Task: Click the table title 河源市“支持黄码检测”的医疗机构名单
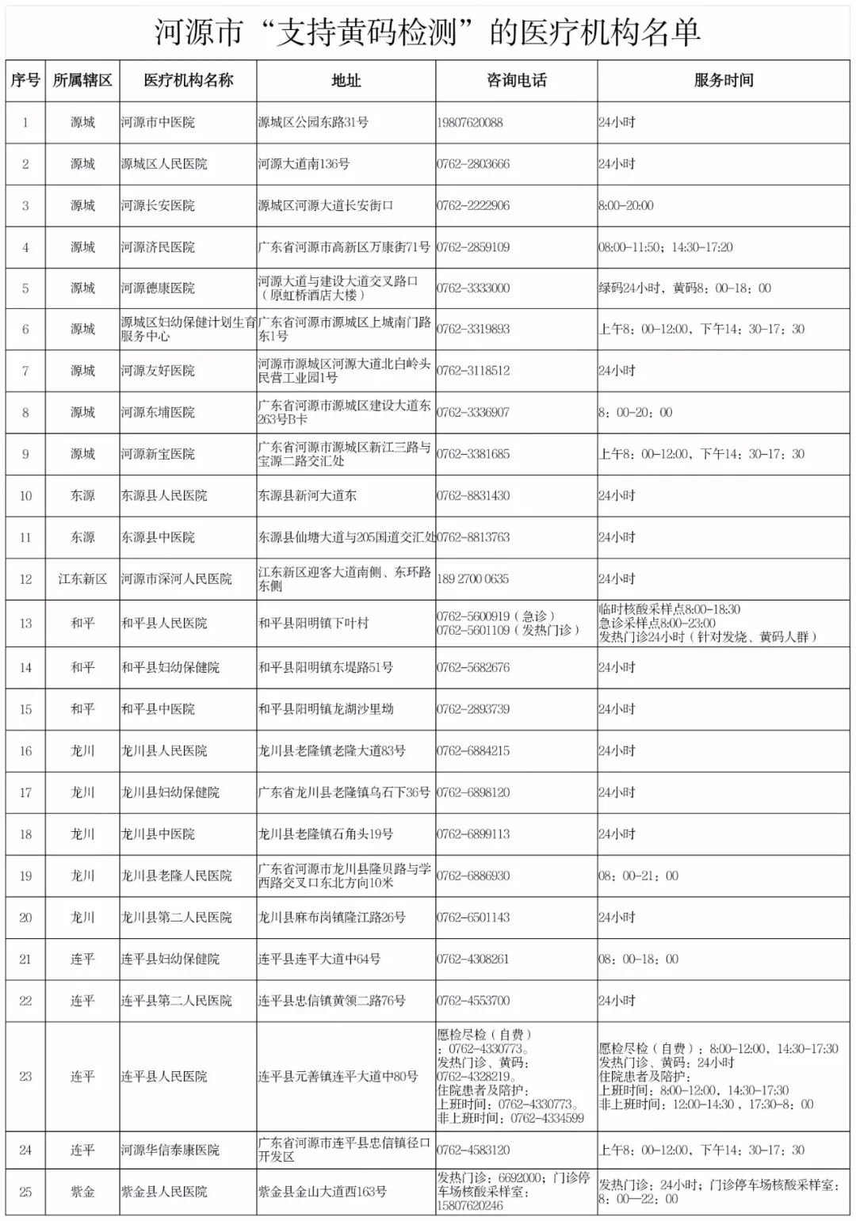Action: coord(427,32)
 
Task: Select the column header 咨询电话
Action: coord(516,80)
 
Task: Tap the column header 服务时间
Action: coord(723,80)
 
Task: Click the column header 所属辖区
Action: coord(82,80)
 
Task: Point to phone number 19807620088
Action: coord(469,123)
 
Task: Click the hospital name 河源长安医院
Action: coord(158,206)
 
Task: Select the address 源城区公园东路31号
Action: coord(313,123)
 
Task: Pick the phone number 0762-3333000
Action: coord(472,288)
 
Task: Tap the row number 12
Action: coord(25,579)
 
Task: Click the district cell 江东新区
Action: coord(82,579)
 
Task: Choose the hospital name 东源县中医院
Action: coord(158,537)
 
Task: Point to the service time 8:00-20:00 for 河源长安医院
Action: coord(626,206)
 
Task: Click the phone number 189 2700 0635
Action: coord(472,579)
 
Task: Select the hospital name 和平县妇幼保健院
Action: coord(170,668)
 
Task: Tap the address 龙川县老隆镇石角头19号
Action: coord(326,834)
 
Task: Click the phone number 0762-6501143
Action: coord(472,918)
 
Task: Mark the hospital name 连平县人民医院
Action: coord(164,1077)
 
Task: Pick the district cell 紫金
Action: coord(82,1192)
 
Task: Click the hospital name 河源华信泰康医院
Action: coord(170,1150)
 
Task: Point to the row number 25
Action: coord(25,1192)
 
